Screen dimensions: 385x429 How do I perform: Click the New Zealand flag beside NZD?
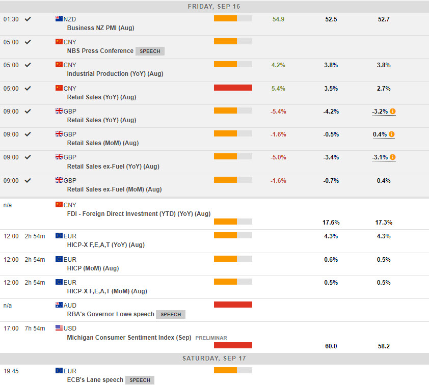coord(59,19)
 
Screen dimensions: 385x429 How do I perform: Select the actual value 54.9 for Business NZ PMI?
coord(278,19)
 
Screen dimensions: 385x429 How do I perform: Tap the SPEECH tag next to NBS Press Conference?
coord(150,51)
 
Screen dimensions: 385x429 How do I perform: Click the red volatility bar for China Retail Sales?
coord(233,88)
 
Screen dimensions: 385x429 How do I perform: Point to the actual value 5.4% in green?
coord(278,89)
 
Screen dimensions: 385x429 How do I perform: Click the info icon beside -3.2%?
coord(393,112)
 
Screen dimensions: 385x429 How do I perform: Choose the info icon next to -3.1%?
coord(393,157)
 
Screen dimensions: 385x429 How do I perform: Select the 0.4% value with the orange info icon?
coord(380,134)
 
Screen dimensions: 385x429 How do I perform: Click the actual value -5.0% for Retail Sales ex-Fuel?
coord(278,157)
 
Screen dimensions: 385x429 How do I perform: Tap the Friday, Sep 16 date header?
coord(214,7)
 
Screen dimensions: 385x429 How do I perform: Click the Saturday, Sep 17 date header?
coord(214,359)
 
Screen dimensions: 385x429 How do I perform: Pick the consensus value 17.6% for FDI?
coord(331,223)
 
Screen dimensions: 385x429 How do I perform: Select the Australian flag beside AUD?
coord(59,305)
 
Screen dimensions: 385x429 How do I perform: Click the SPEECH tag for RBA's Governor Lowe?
coord(171,315)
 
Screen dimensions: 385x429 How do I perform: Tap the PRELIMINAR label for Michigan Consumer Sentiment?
coord(211,338)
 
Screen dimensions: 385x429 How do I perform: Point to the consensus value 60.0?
coord(331,346)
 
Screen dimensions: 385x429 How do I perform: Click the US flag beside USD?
coord(59,328)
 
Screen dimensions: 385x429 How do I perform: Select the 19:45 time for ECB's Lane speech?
coord(11,371)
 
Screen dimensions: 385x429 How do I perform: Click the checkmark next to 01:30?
coord(28,19)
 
